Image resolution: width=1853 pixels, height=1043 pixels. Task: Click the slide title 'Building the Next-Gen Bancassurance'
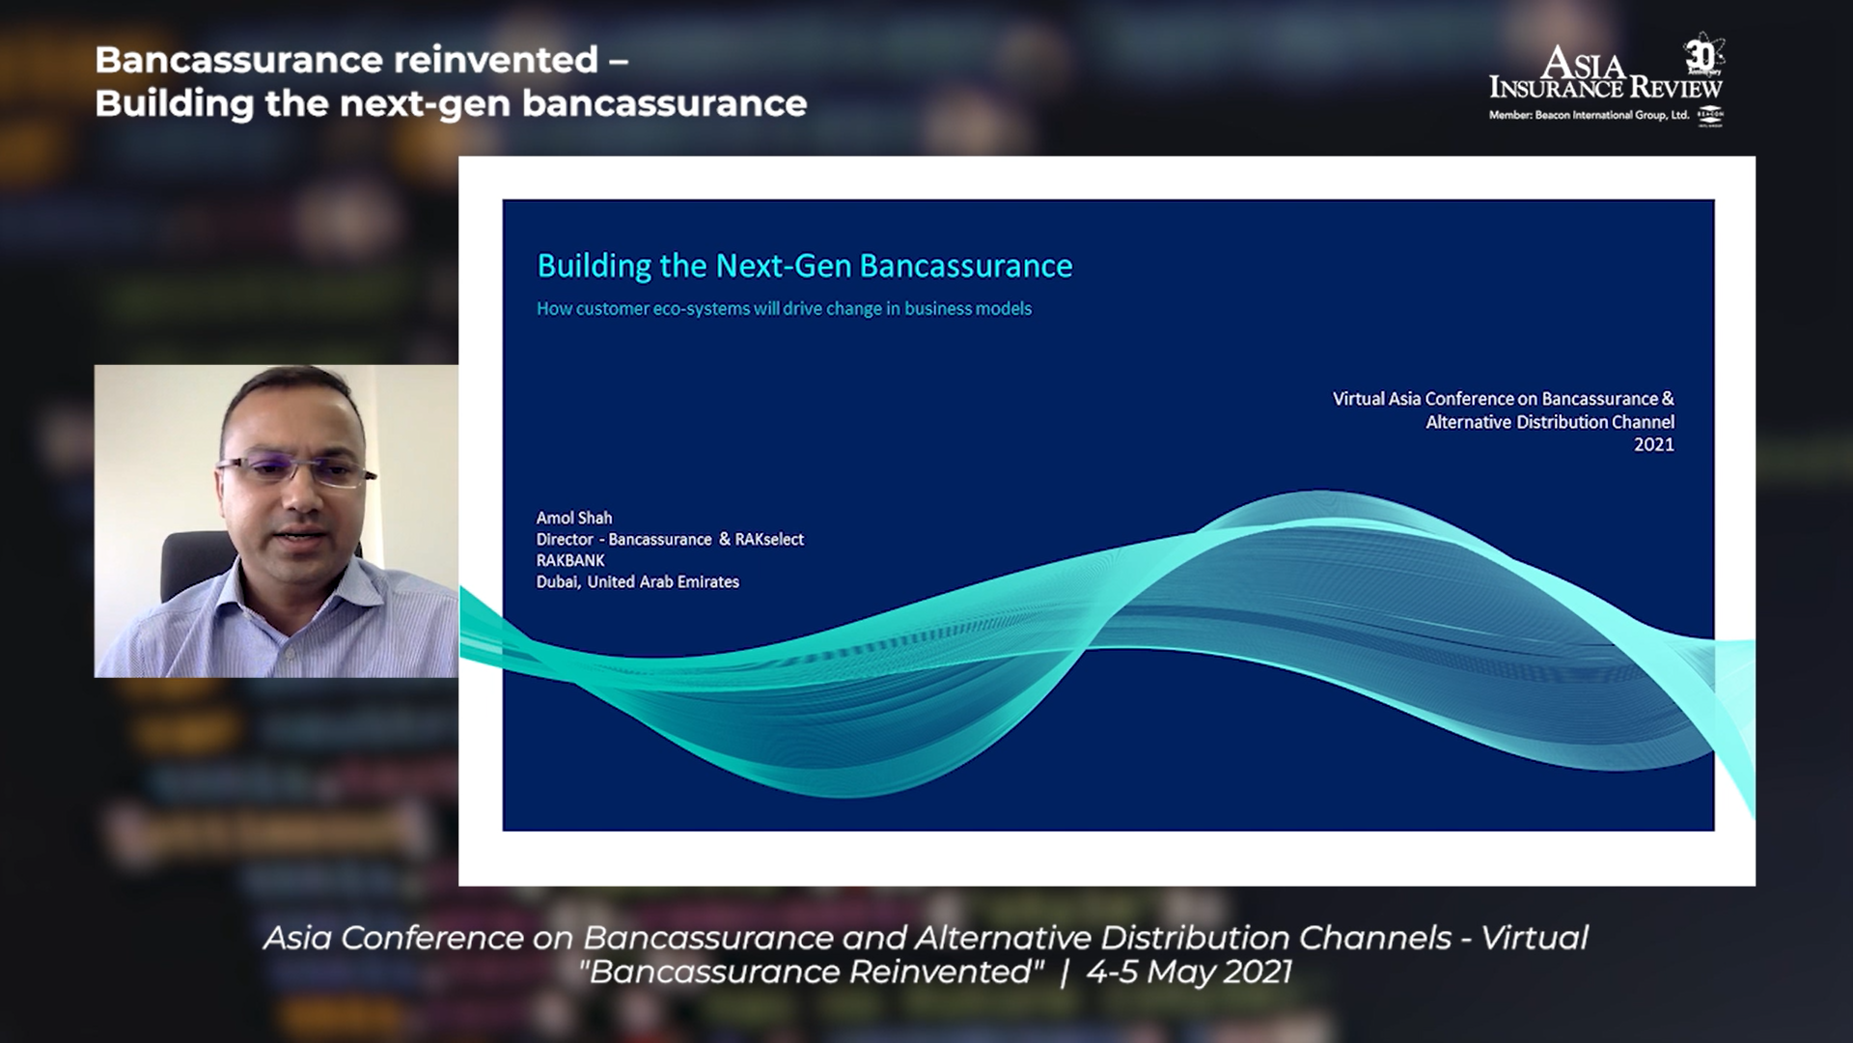[x=804, y=267]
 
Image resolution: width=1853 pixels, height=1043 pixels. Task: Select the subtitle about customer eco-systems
[x=784, y=309]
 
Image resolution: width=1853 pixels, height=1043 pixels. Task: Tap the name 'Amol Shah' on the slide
[x=574, y=518]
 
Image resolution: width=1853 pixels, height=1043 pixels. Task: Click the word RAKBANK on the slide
[x=570, y=560]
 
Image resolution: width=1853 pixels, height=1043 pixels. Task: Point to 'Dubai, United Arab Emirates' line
[x=638, y=581]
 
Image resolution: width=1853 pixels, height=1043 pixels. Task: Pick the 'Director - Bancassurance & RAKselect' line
[x=670, y=539]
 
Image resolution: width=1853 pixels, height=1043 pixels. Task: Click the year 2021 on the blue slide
[x=1653, y=444]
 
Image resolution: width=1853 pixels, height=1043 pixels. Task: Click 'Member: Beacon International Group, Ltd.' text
[x=1589, y=115]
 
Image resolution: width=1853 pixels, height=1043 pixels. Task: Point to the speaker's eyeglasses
[x=296, y=470]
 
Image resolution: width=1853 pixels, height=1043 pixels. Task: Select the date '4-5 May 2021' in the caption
[x=1189, y=972]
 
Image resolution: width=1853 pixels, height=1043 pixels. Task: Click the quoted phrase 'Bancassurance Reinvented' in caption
[x=812, y=972]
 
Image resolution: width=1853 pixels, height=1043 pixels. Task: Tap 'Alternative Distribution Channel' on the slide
[x=1550, y=422]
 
